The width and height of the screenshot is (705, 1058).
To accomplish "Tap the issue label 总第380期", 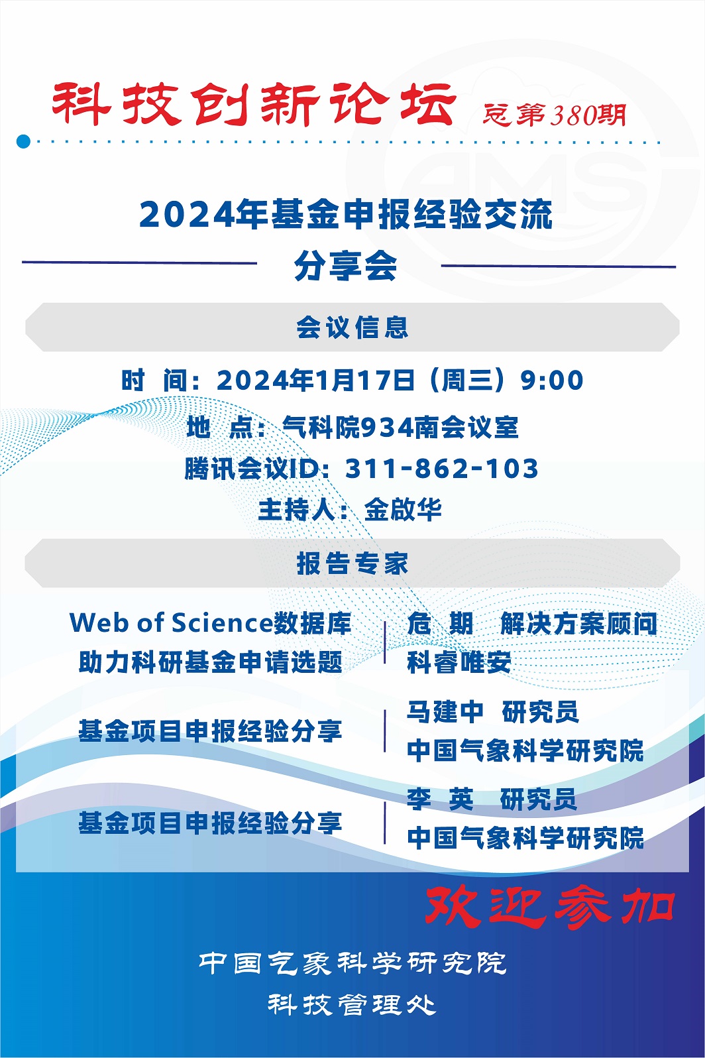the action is point(555,115).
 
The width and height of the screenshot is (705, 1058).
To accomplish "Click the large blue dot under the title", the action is point(23,141).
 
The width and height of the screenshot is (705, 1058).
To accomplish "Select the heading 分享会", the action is point(346,266).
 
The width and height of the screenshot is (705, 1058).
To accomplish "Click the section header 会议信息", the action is point(352,327).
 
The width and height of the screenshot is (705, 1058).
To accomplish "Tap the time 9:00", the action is point(552,381).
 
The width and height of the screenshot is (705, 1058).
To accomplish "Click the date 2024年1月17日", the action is point(316,381).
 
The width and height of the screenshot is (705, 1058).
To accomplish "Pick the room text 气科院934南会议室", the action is point(400,428).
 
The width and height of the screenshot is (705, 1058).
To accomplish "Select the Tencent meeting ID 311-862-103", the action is point(442,469).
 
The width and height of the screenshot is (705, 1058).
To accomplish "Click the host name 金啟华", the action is point(403,510).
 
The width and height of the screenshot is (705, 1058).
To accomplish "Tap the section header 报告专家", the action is point(352,563).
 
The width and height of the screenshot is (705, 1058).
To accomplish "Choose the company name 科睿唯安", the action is point(459,662).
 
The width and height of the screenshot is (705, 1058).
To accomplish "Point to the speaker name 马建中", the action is point(445,712).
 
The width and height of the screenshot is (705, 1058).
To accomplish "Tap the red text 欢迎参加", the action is point(550,906).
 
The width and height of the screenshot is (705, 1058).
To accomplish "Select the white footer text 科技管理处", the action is point(352,1004).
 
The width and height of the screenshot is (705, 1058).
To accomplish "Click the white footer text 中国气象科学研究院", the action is point(352,964).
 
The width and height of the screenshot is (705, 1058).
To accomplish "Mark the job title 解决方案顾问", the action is point(578,623).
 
